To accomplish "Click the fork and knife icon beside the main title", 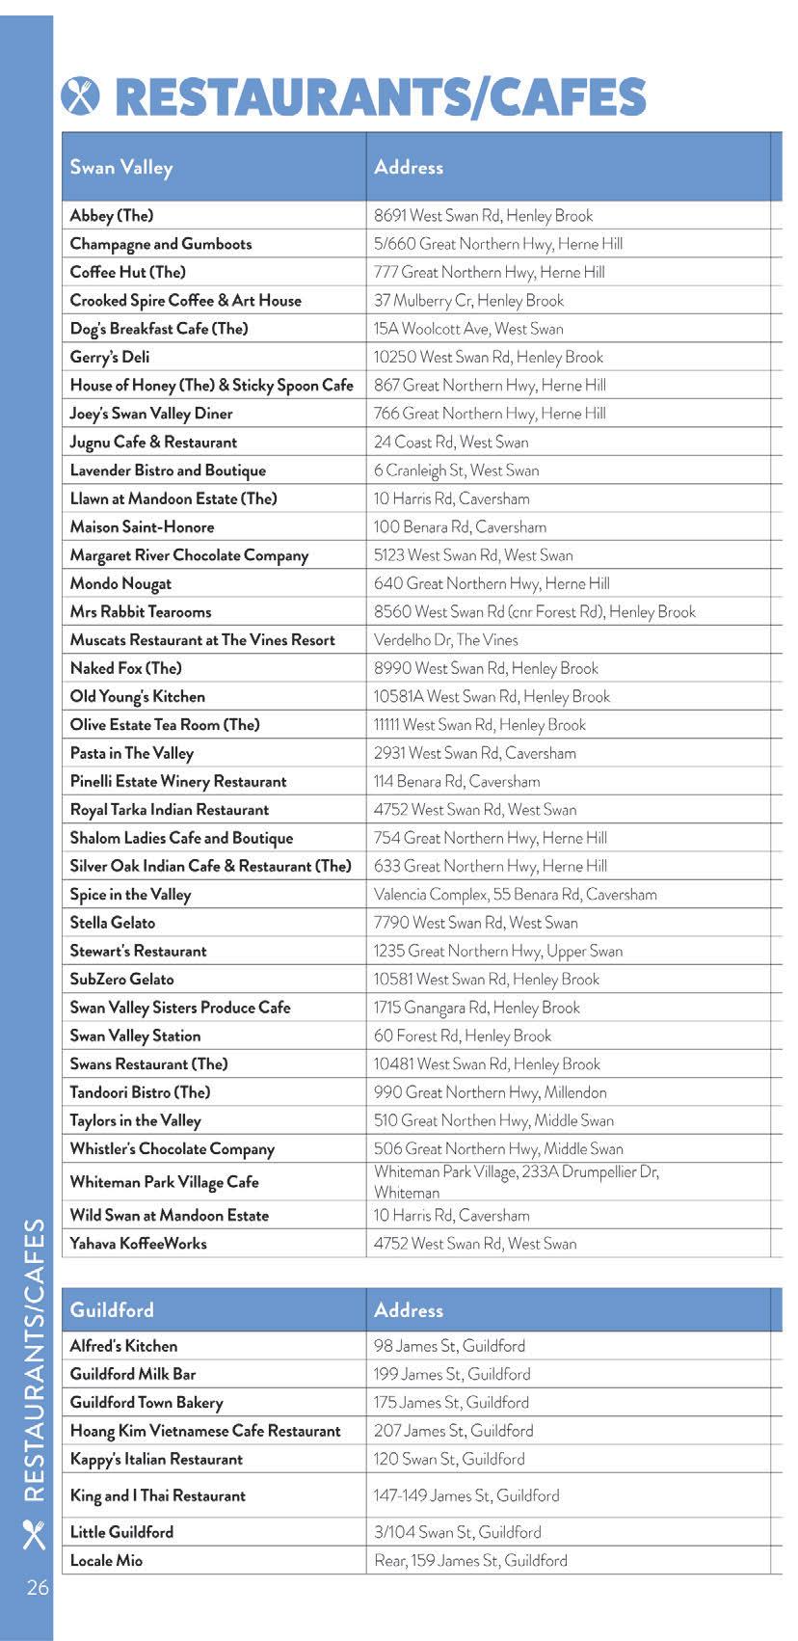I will (x=81, y=95).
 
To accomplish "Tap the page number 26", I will (x=38, y=1587).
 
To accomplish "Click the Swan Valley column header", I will (x=121, y=167).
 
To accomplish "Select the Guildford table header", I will (x=112, y=1309).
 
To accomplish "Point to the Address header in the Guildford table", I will (x=409, y=1309).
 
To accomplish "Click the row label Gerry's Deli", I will (x=110, y=357).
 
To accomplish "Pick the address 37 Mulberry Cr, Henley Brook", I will (x=468, y=300).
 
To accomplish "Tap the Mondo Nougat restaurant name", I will (x=120, y=583).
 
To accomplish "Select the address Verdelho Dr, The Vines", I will (x=445, y=639).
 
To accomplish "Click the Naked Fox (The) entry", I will (x=125, y=668).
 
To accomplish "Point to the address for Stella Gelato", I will (x=475, y=923).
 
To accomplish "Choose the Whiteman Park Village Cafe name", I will (x=164, y=1182).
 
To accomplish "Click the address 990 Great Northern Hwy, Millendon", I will (x=490, y=1092).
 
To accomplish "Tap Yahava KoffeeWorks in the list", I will (x=138, y=1244).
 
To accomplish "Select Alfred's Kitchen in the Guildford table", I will (x=123, y=1346).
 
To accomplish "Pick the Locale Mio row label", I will (x=106, y=1560).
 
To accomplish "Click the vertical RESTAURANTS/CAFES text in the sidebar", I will (x=35, y=1359).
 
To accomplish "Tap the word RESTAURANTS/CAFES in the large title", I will (x=381, y=97).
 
